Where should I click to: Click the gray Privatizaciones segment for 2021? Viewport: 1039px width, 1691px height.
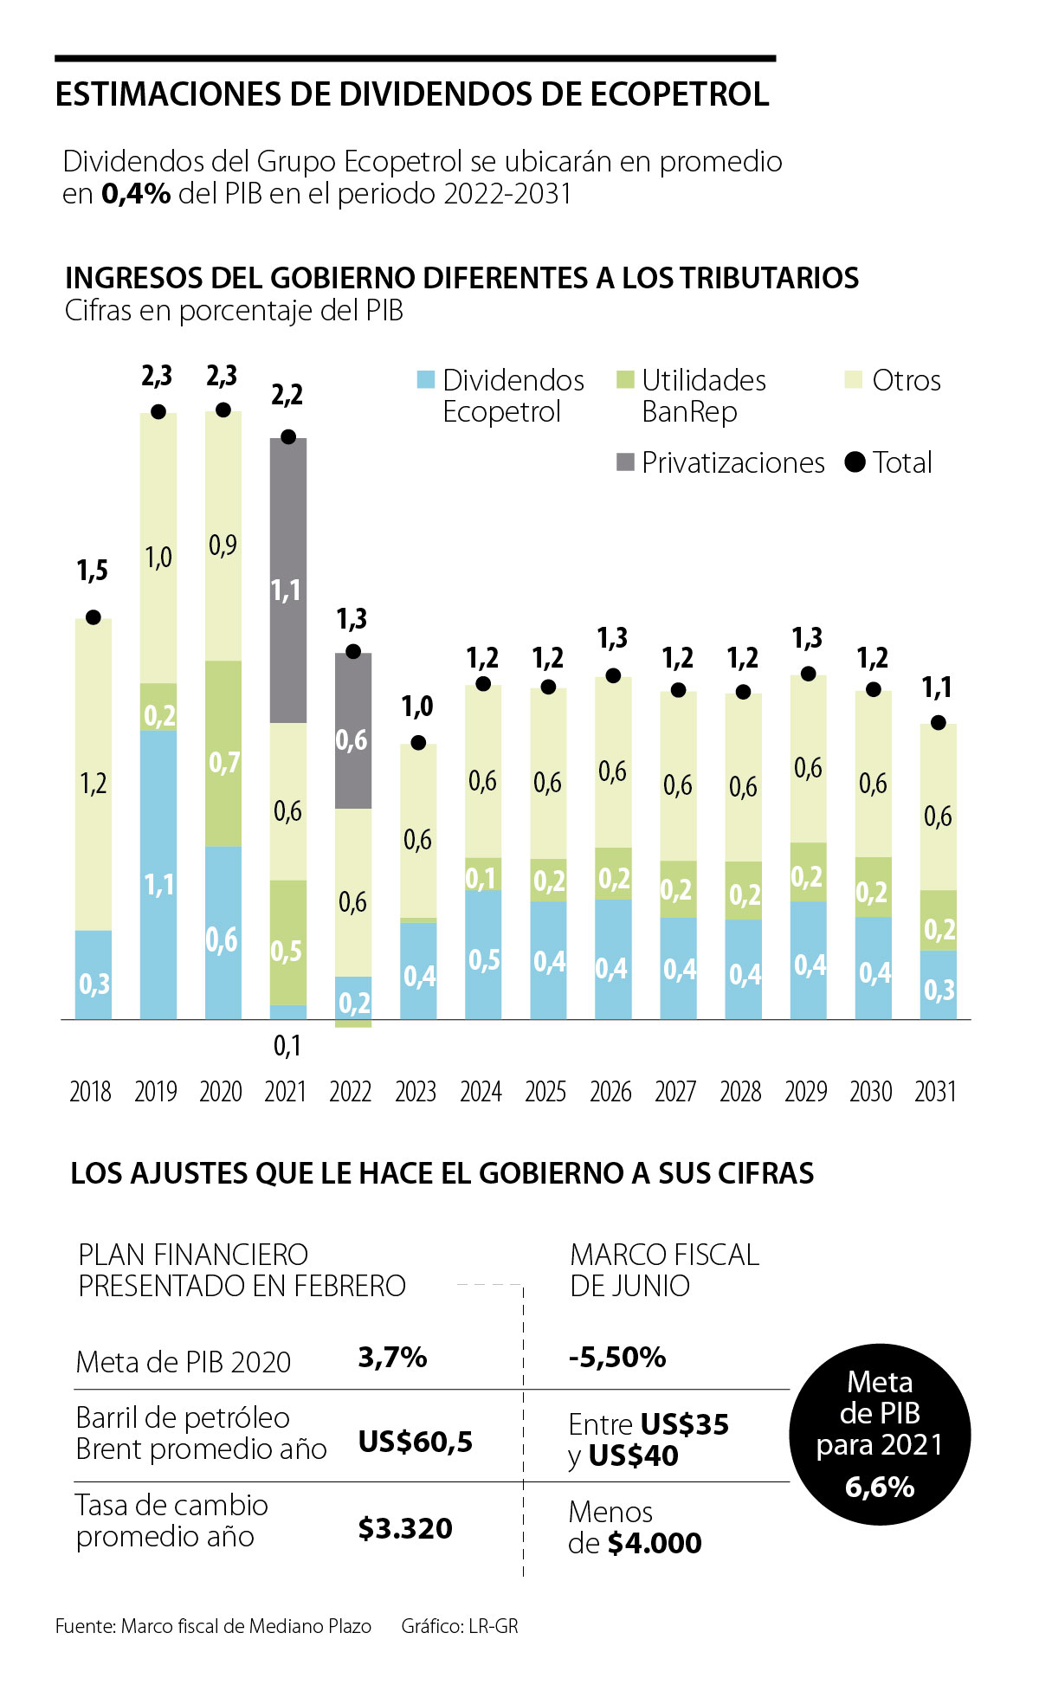click(287, 580)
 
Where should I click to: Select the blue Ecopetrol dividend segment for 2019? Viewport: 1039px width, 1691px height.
click(158, 875)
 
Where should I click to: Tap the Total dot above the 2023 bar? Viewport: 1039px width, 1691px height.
click(418, 743)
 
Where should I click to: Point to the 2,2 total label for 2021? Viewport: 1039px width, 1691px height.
click(287, 395)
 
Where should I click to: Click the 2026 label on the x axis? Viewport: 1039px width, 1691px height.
click(610, 1091)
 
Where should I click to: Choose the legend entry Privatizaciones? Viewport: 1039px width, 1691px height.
click(732, 462)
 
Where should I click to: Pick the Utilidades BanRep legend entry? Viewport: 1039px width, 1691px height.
click(703, 395)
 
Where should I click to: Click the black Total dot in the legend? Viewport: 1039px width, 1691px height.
click(855, 462)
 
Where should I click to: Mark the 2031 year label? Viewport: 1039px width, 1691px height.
click(935, 1091)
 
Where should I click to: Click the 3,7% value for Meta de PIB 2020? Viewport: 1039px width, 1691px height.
click(392, 1357)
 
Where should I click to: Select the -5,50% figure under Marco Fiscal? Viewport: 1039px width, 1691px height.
click(616, 1357)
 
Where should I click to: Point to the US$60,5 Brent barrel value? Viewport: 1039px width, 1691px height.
click(416, 1442)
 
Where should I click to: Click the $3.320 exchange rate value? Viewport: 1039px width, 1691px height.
click(405, 1528)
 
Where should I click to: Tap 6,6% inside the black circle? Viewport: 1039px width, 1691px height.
click(880, 1487)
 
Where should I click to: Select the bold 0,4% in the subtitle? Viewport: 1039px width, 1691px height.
click(136, 193)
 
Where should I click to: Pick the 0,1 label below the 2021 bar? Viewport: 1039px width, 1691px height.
click(287, 1046)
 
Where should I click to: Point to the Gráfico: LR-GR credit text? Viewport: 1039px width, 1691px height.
click(460, 1626)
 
